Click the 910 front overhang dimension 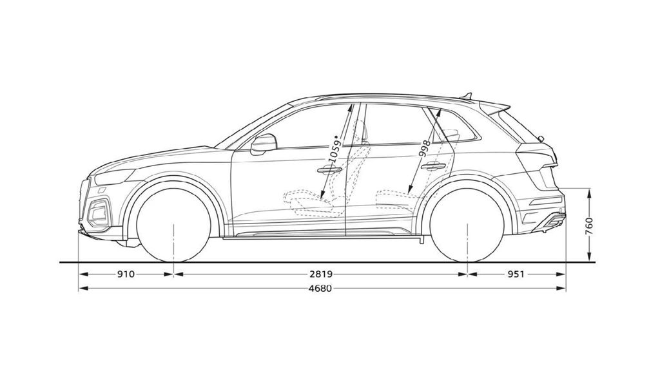[x=126, y=274]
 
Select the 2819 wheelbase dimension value [x=321, y=274]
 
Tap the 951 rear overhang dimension [x=516, y=274]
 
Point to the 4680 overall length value [x=320, y=288]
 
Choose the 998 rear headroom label [x=425, y=149]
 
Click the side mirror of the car [x=264, y=144]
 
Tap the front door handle [x=329, y=169]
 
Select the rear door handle [x=433, y=167]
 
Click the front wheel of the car [x=174, y=225]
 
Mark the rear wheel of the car [x=468, y=225]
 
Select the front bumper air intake [x=98, y=213]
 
